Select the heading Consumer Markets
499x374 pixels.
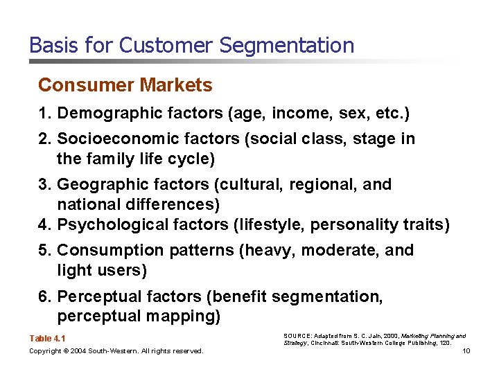pos(125,85)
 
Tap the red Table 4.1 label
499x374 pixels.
pos(48,339)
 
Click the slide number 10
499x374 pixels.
pos(466,351)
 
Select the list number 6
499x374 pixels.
pos(43,296)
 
